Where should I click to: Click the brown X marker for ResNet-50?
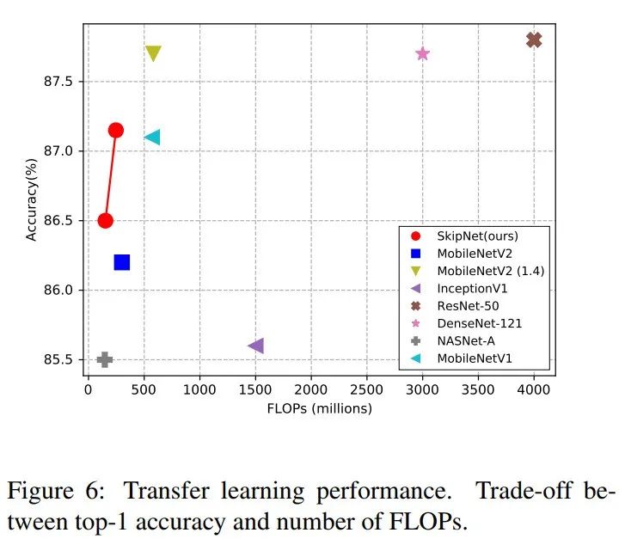coord(534,40)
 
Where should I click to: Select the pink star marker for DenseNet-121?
coord(422,53)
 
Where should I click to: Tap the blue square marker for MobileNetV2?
coord(121,262)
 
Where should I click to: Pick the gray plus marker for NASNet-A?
coord(105,359)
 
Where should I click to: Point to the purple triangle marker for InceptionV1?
coord(255,346)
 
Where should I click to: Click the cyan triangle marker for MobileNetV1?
coord(153,137)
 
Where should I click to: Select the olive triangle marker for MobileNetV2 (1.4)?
coord(153,54)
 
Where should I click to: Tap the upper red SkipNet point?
coord(116,130)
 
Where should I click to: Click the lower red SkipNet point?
coord(105,220)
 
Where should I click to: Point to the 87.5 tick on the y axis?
coord(62,82)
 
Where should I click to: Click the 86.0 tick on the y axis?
coord(62,290)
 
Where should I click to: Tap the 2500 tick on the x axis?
coord(366,389)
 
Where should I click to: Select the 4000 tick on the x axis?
coord(534,389)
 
